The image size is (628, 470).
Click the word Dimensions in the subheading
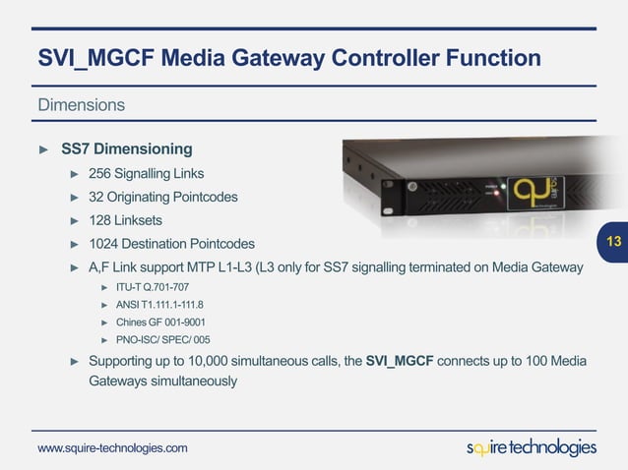pyautogui.click(x=81, y=104)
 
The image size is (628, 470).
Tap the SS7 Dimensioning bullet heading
pyautogui.click(x=126, y=149)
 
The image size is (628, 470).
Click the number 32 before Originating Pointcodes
pyautogui.click(x=97, y=197)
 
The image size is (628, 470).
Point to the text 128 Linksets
pyautogui.click(x=125, y=220)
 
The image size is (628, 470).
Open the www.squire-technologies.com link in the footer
pyautogui.click(x=112, y=448)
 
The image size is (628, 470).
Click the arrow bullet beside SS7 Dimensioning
pyautogui.click(x=42, y=149)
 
